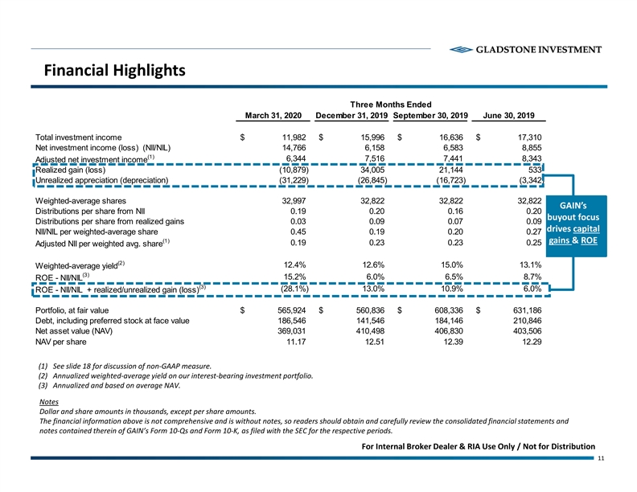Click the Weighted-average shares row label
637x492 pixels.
pyautogui.click(x=80, y=200)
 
